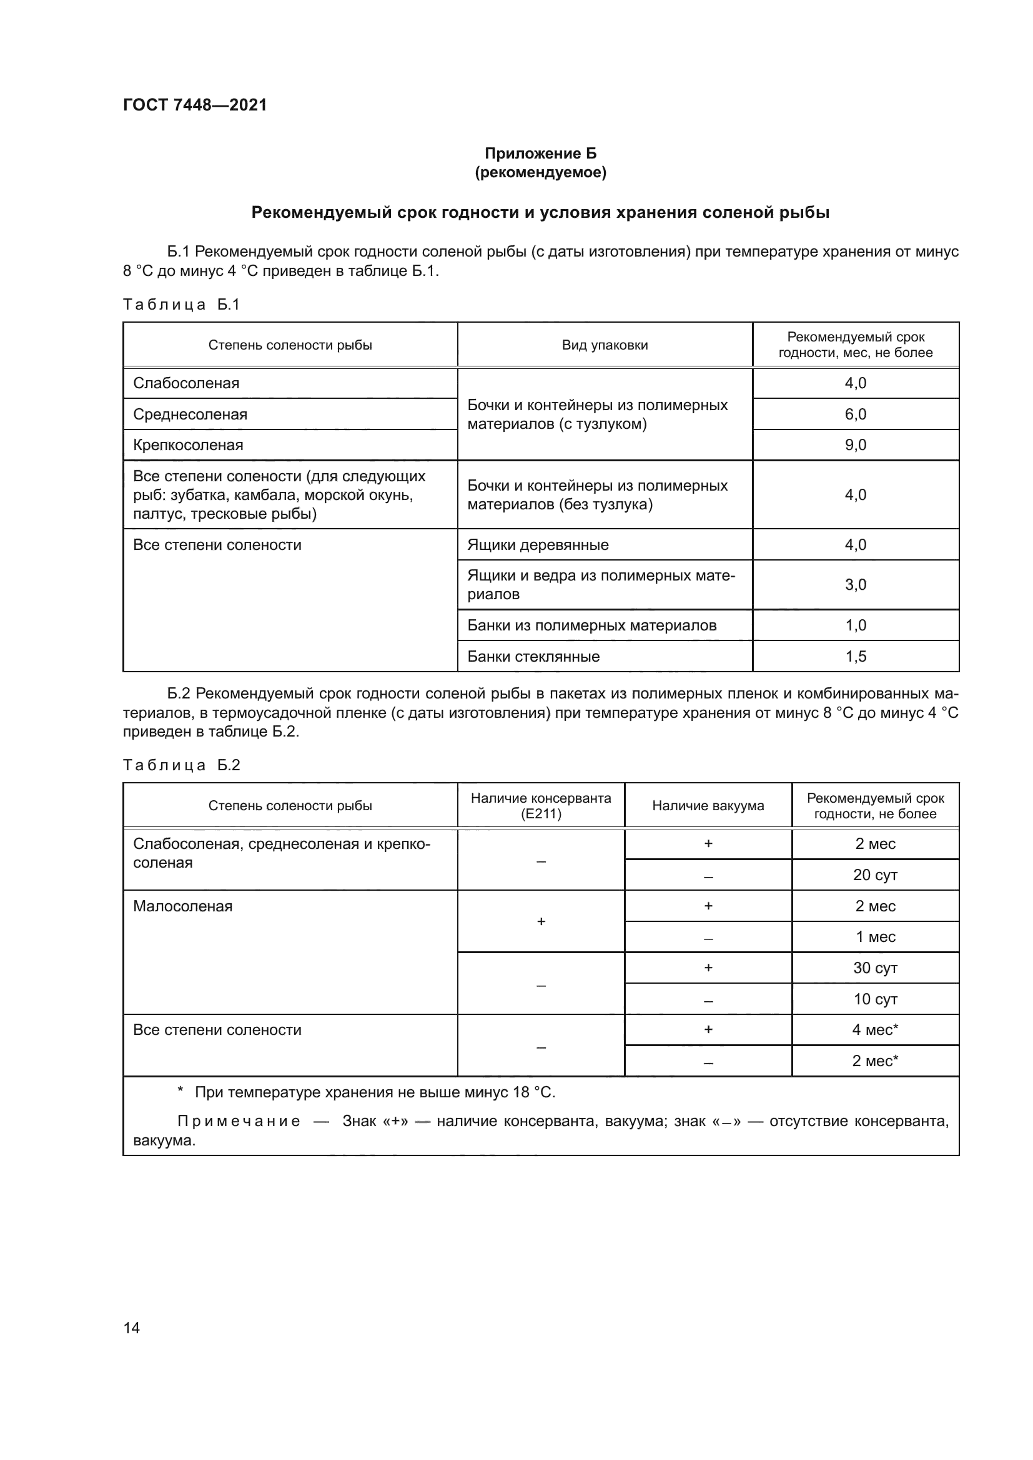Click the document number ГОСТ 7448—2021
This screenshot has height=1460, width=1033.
[x=195, y=105]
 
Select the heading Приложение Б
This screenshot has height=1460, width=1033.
[x=540, y=154]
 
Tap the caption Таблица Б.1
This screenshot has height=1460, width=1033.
[x=181, y=305]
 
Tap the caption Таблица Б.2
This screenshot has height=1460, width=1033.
[x=181, y=765]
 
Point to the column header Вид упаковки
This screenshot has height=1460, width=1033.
[x=605, y=345]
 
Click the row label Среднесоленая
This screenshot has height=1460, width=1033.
[x=190, y=414]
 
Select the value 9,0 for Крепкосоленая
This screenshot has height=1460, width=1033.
[x=855, y=445]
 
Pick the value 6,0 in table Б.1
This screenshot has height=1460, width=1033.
[x=855, y=414]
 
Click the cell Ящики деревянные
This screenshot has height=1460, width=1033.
[x=538, y=545]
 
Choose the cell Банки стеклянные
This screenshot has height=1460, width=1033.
[x=533, y=656]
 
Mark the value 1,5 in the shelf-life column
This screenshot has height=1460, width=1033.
[x=855, y=656]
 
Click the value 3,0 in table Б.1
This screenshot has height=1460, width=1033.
[x=855, y=584]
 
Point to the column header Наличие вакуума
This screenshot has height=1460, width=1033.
[x=708, y=806]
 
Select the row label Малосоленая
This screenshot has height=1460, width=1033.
[x=182, y=906]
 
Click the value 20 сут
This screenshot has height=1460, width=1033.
[x=874, y=875]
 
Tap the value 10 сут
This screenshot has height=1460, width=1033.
[x=874, y=999]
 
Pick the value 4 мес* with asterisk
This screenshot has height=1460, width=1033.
[x=874, y=1029]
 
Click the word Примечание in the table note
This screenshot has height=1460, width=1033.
[x=238, y=1121]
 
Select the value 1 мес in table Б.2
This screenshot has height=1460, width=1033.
[x=874, y=937]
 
